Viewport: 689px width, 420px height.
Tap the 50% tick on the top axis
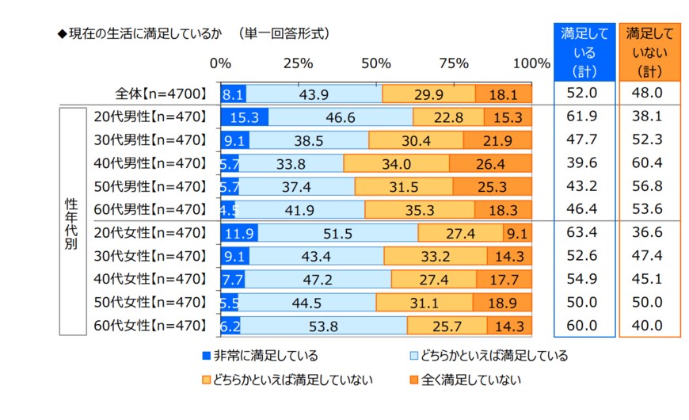coord(375,63)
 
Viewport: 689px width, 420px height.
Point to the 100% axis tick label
coord(531,63)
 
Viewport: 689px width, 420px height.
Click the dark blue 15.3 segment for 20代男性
coord(244,117)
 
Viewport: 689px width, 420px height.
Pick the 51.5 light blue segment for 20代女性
coord(337,233)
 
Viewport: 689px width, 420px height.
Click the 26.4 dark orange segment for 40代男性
coord(490,164)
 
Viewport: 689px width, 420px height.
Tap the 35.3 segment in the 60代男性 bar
coord(420,210)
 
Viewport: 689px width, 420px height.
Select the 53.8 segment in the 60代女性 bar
coord(323,325)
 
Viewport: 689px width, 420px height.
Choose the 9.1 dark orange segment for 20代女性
coord(517,233)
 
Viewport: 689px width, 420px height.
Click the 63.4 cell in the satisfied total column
coord(583,233)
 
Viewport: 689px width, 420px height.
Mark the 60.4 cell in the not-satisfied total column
coord(649,164)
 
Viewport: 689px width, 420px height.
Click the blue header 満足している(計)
coord(584,52)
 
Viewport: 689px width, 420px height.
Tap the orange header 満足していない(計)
coord(649,52)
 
